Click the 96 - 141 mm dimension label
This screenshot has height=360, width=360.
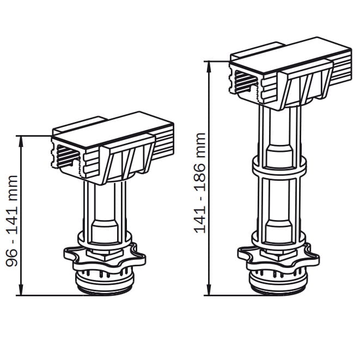(x=11, y=221)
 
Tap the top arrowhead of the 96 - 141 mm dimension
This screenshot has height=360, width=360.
(x=21, y=141)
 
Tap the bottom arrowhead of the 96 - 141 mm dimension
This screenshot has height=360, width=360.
(x=21, y=290)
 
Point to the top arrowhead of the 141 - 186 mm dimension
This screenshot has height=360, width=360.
(x=209, y=67)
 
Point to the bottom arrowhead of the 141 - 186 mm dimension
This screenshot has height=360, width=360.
(x=209, y=290)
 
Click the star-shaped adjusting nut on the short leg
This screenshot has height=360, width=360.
(x=105, y=258)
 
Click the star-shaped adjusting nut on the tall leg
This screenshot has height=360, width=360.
(x=278, y=258)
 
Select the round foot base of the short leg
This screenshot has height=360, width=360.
(x=105, y=281)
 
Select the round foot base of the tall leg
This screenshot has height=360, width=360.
(x=278, y=281)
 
